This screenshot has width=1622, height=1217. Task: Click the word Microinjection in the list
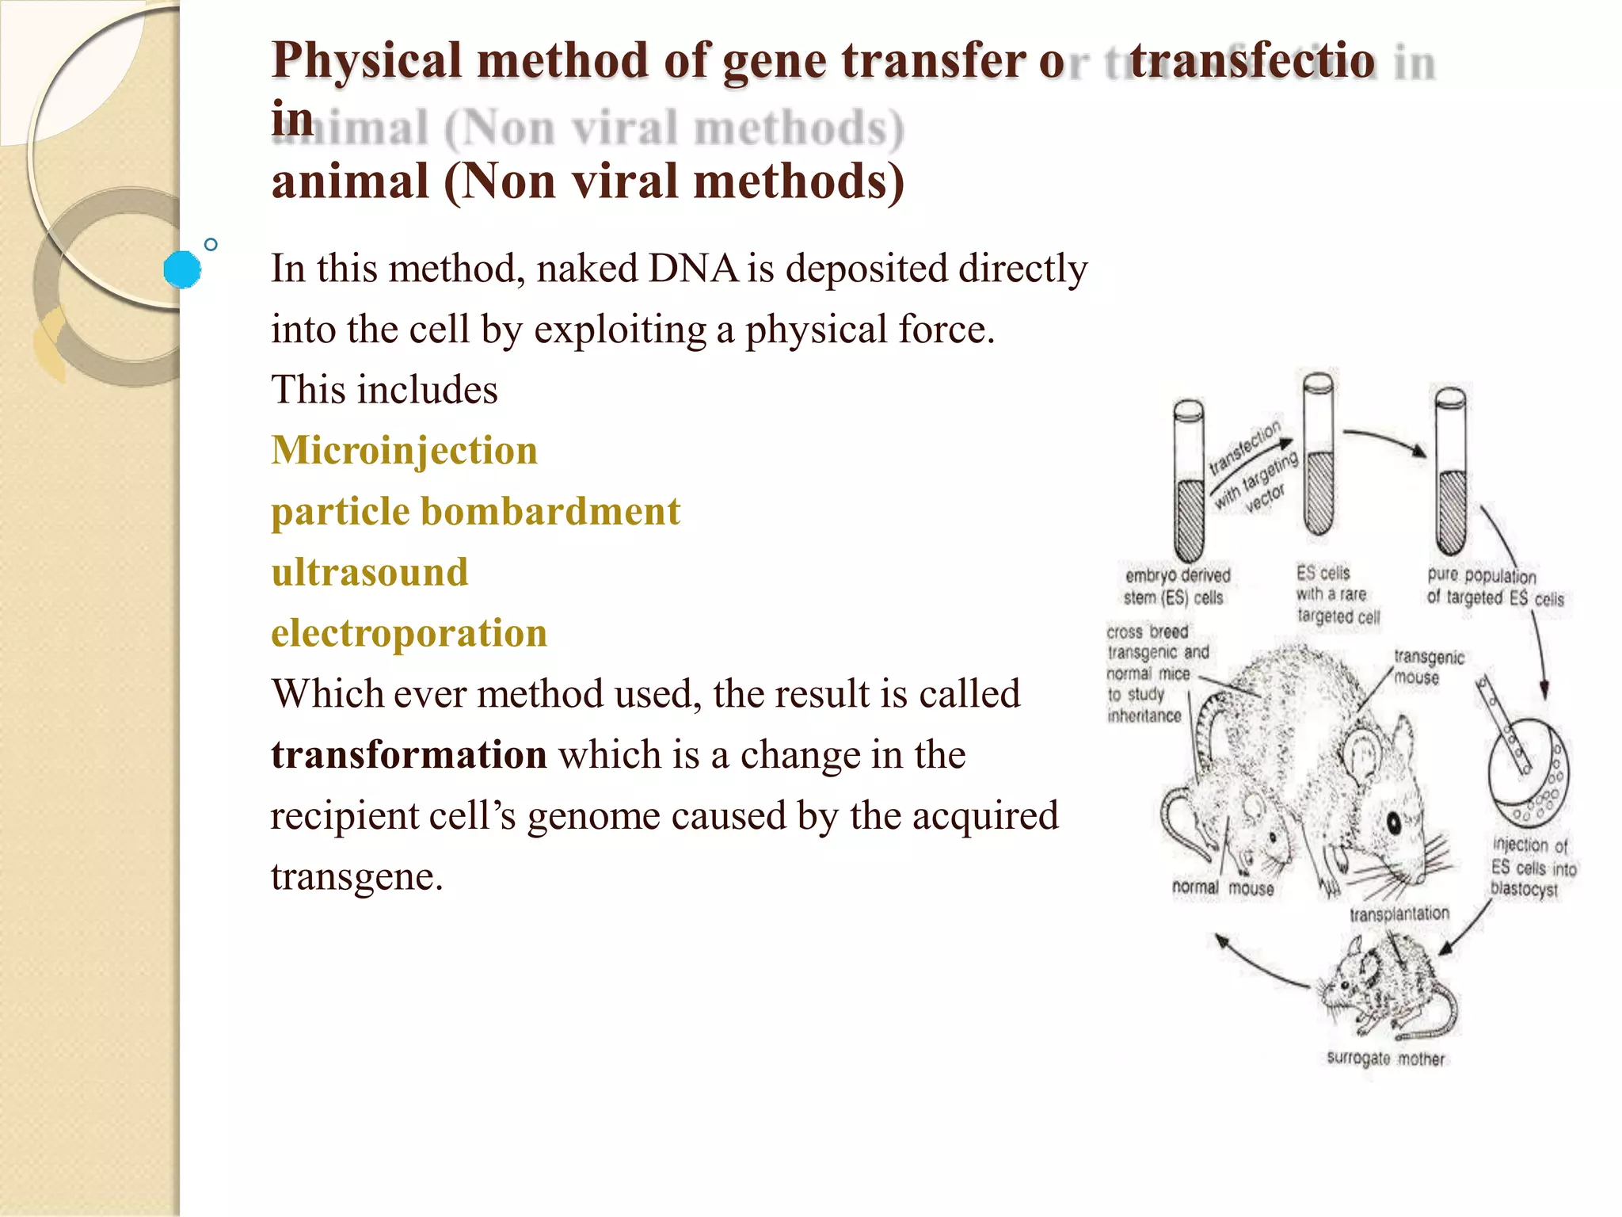tap(404, 450)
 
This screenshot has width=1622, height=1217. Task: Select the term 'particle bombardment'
tap(475, 511)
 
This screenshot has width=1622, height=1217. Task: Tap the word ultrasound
tap(369, 572)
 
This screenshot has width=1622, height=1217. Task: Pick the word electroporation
tap(409, 633)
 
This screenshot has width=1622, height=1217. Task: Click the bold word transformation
tap(409, 754)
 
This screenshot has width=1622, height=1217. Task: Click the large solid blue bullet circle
tap(182, 269)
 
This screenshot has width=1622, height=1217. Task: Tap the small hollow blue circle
tap(211, 245)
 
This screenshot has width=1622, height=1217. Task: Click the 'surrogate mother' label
tap(1385, 1059)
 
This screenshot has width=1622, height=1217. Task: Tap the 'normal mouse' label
tap(1223, 888)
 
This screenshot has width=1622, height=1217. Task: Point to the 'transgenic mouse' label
tap(1428, 667)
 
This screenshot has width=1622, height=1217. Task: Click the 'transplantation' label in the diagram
tap(1399, 914)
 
